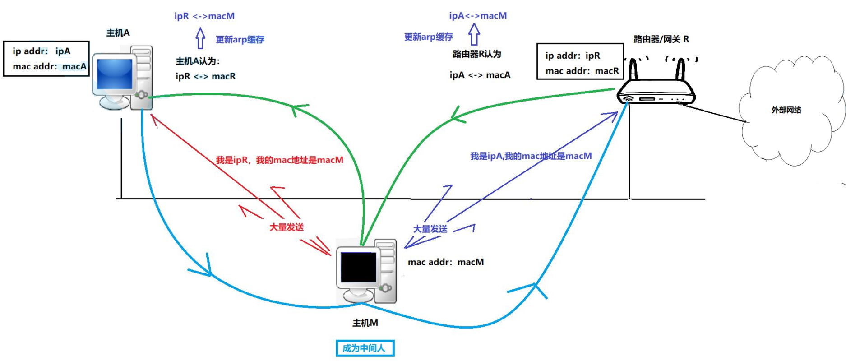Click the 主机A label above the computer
[118, 32]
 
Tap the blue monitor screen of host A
[115, 74]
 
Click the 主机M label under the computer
[365, 323]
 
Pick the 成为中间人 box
[365, 348]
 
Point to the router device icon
[656, 86]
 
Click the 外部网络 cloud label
[786, 110]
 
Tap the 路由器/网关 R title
[661, 39]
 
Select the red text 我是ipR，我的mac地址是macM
[279, 160]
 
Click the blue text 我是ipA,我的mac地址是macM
[531, 156]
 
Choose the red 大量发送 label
[287, 227]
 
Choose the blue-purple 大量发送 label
[430, 229]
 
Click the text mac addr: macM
[445, 262]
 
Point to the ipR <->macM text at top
[204, 16]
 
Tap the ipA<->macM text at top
[478, 16]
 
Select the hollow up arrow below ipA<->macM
[474, 34]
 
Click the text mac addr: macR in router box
[582, 71]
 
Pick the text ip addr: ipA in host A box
[42, 51]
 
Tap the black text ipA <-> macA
[480, 75]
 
